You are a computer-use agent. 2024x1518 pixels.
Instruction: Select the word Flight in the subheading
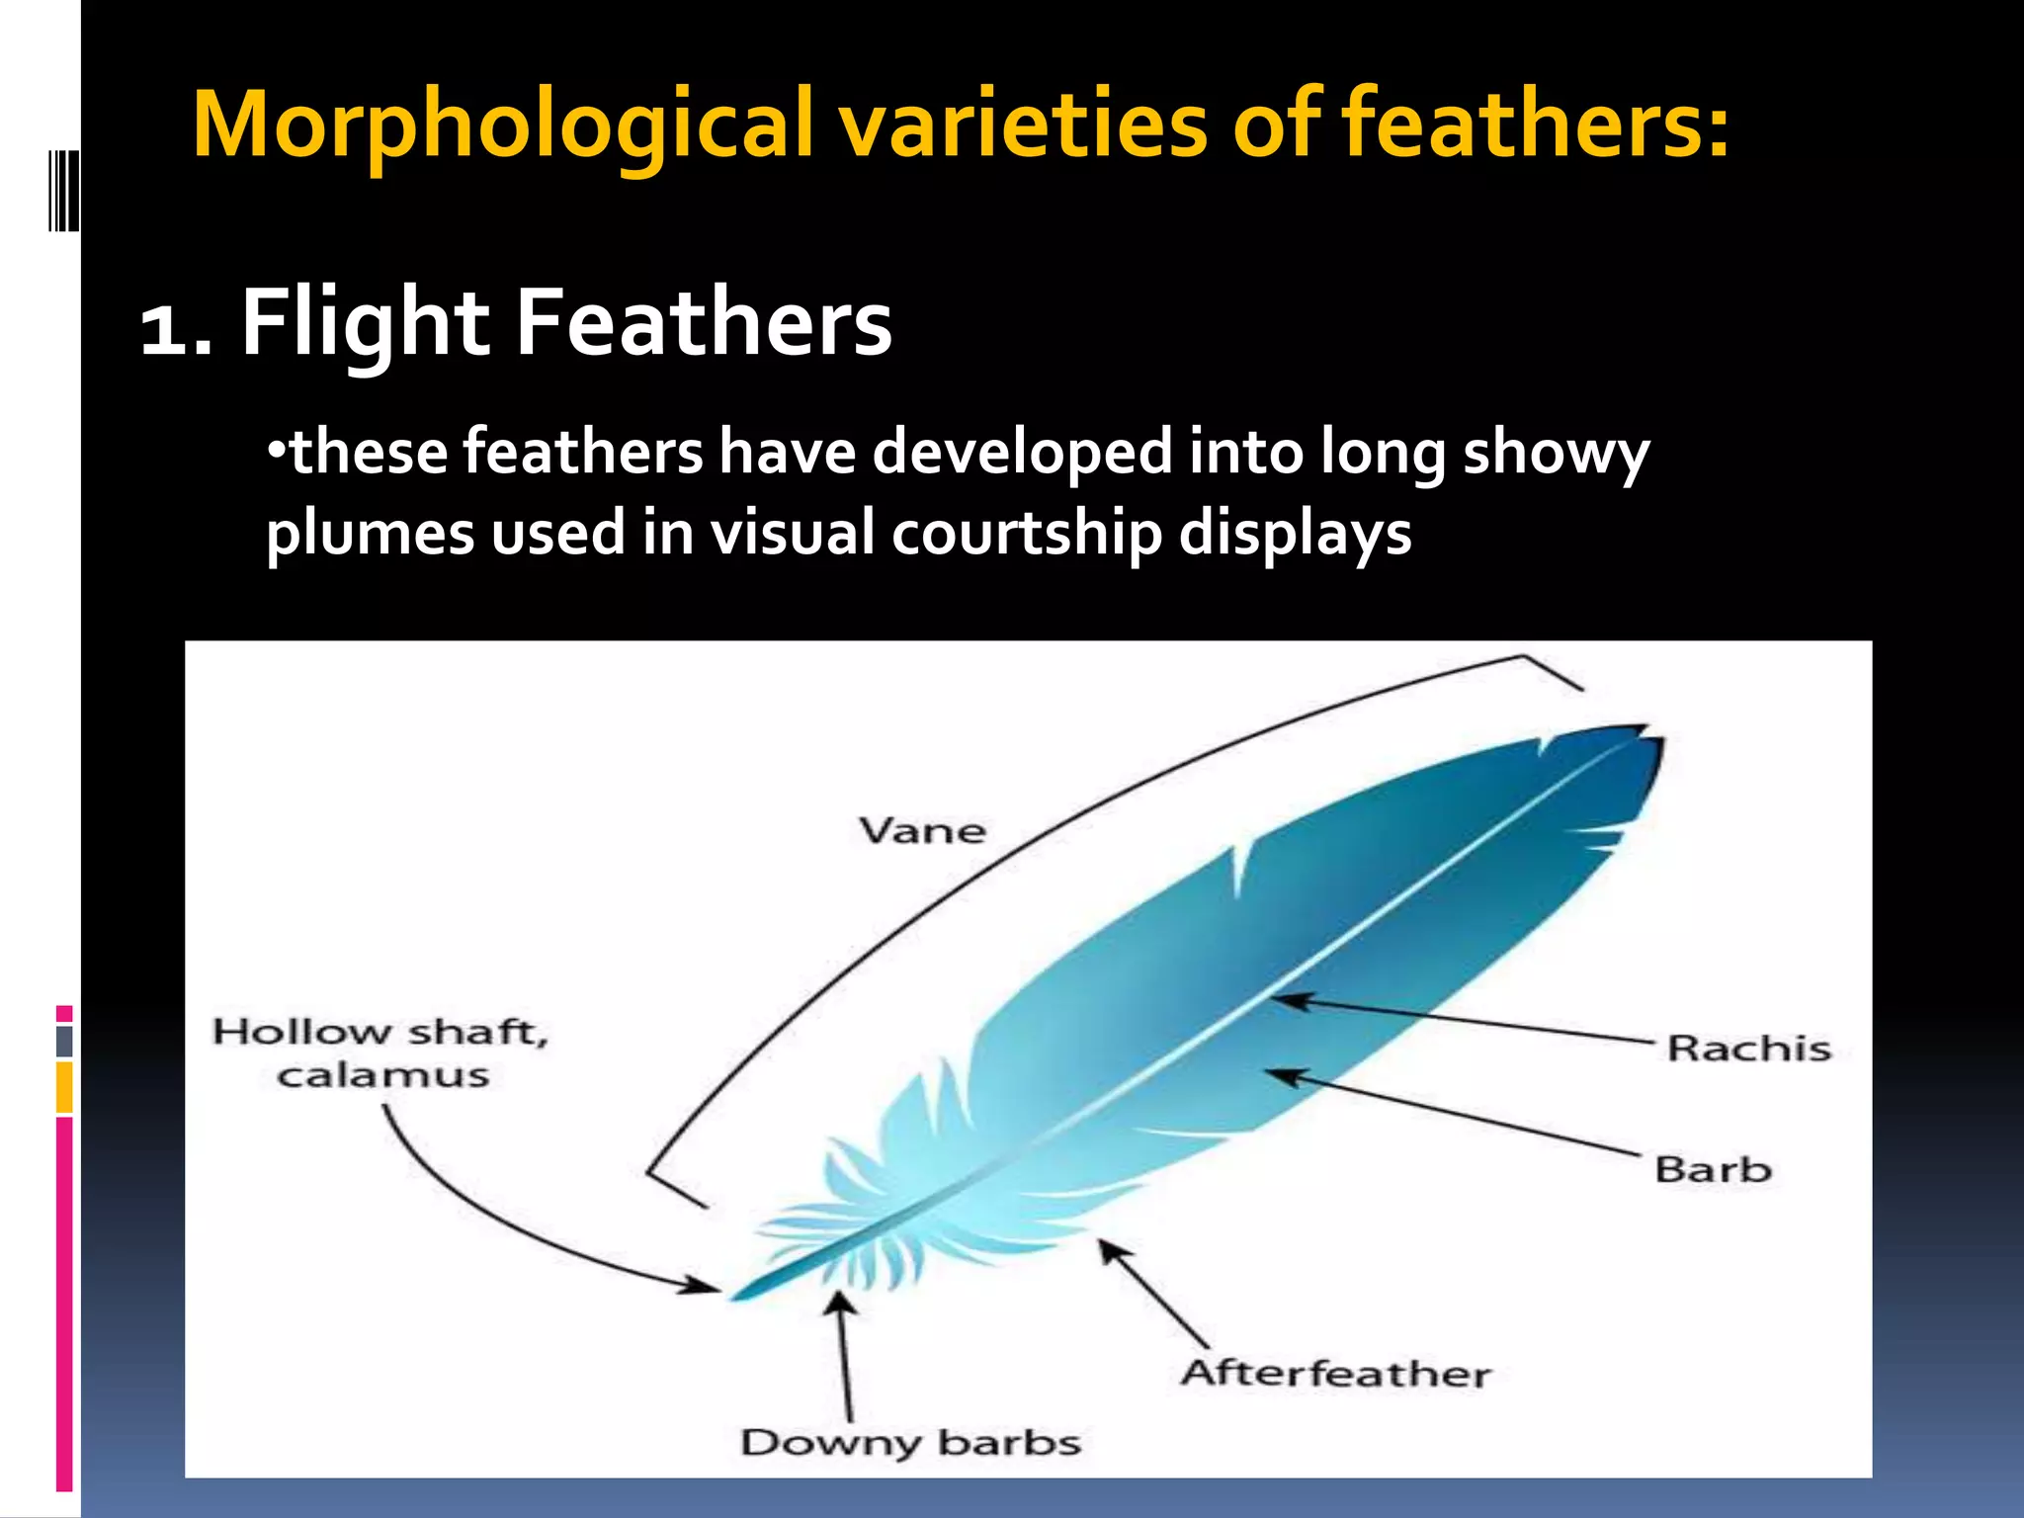[x=365, y=324]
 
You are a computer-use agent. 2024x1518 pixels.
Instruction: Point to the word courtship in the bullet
[x=1027, y=534]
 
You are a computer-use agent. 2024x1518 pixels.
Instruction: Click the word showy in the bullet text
[x=1556, y=453]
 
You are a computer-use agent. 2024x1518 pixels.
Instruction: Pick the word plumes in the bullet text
[x=370, y=534]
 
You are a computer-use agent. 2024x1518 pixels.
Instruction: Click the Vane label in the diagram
[x=922, y=831]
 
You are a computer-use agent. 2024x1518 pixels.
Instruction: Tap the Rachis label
[x=1748, y=1049]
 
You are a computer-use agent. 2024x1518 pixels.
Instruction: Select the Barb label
[x=1713, y=1170]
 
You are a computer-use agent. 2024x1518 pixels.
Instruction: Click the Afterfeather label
[x=1335, y=1374]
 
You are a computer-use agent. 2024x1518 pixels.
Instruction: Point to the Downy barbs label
[x=910, y=1443]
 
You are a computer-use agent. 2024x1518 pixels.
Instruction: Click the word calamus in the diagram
[x=382, y=1075]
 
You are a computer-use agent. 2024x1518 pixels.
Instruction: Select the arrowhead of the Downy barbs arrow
[x=840, y=1305]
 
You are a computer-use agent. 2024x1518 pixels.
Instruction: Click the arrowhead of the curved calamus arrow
[x=706, y=1287]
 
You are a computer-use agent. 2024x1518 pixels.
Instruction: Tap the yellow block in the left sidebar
[x=64, y=1087]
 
